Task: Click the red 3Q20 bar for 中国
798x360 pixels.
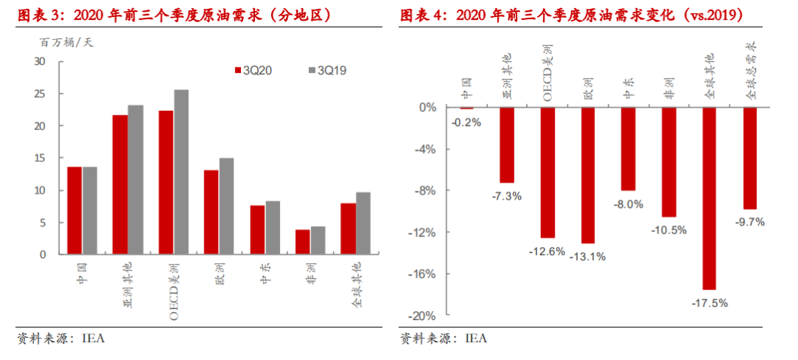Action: pos(74,211)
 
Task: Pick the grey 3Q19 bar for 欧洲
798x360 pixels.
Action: pos(227,206)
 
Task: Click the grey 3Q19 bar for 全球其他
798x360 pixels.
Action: pos(364,223)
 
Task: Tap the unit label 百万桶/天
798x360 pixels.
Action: pos(66,42)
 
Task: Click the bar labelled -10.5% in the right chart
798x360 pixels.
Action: pos(669,162)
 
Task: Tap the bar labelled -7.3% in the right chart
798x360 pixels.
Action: pos(507,145)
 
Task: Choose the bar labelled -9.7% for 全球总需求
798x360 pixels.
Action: pos(750,158)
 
